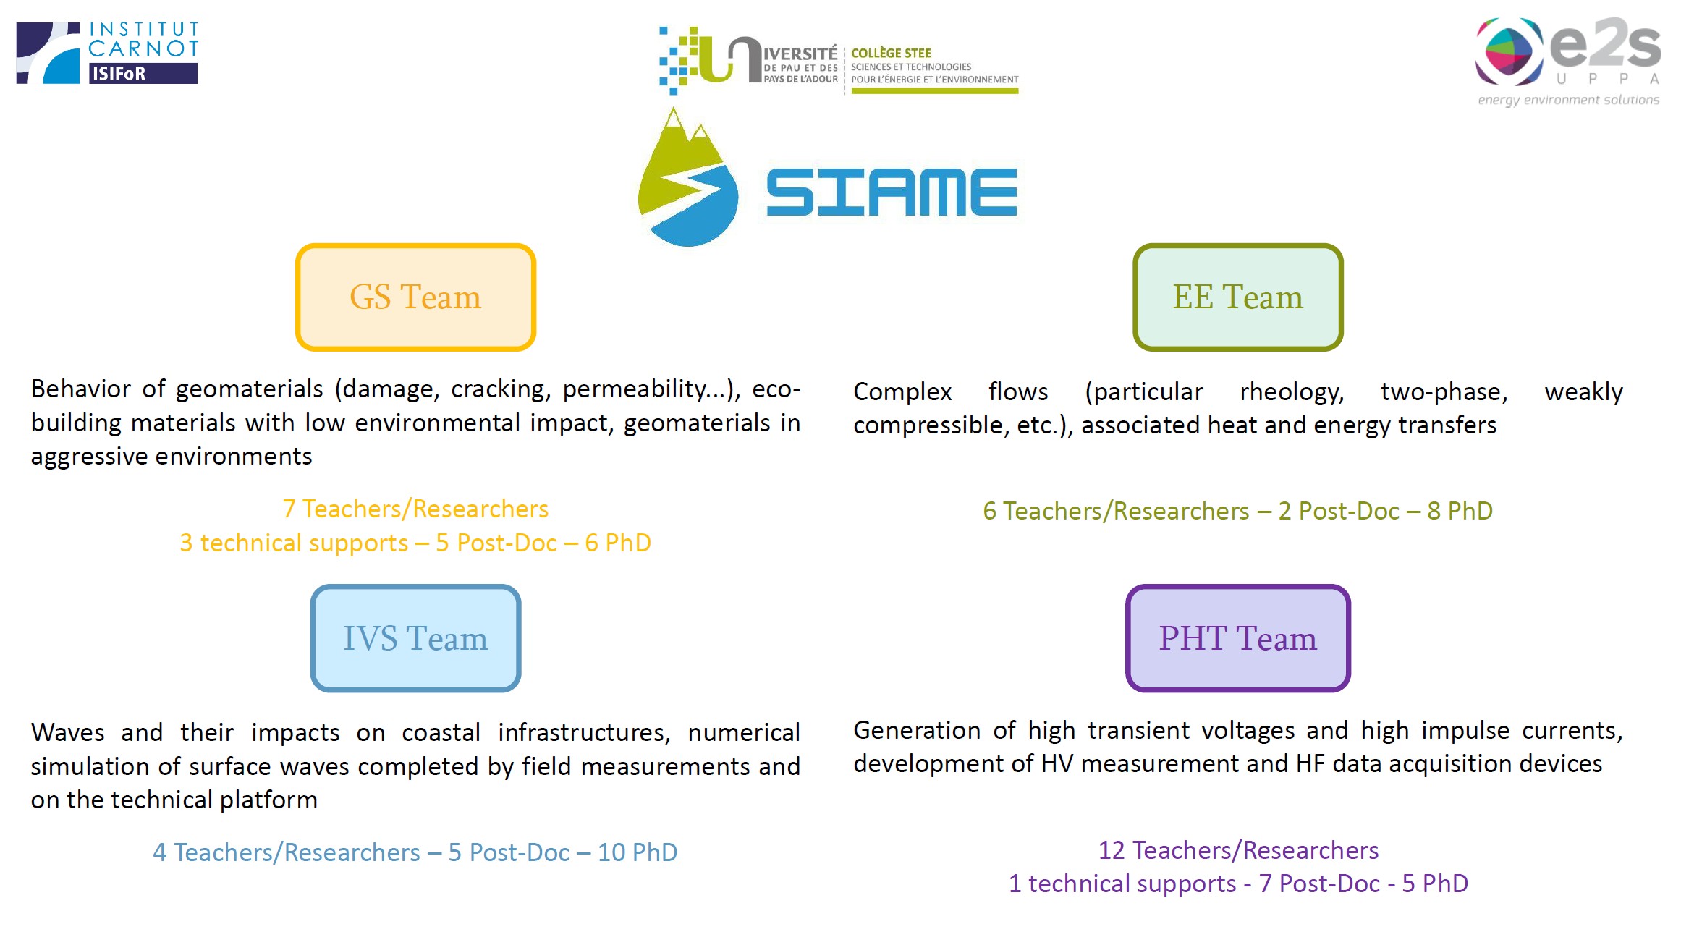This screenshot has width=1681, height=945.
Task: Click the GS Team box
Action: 415,297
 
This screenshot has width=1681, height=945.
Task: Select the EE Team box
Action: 1237,297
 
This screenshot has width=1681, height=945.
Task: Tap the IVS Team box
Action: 415,638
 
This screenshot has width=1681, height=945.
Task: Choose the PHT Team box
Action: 1237,638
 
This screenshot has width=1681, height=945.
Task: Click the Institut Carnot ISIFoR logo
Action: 107,52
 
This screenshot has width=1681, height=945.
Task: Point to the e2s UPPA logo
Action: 1568,62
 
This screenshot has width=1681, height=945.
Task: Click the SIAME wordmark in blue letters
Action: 892,192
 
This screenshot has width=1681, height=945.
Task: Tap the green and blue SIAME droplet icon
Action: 687,177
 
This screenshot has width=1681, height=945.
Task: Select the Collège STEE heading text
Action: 891,53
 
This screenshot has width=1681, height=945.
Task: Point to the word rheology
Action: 1292,392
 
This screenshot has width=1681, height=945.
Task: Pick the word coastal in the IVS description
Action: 441,732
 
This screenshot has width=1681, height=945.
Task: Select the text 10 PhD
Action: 638,852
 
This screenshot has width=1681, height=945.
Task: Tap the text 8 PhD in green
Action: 1460,511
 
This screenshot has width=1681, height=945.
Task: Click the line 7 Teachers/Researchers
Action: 415,509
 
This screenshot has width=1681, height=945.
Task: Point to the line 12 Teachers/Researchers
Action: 1238,850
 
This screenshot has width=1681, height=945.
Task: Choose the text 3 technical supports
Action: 294,543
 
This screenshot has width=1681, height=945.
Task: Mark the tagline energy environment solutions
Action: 1568,100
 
